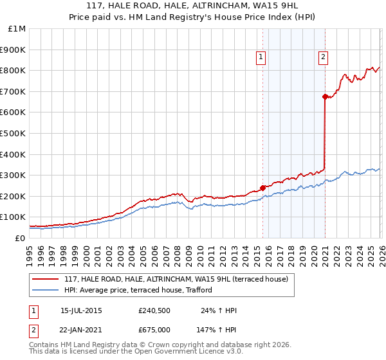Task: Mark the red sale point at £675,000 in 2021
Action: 325,96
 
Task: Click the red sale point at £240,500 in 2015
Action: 262,188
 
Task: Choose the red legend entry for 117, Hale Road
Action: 180,279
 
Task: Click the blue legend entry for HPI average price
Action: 142,290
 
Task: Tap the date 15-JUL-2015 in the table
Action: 81,310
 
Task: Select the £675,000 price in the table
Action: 154,329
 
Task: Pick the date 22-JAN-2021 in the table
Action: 81,329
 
